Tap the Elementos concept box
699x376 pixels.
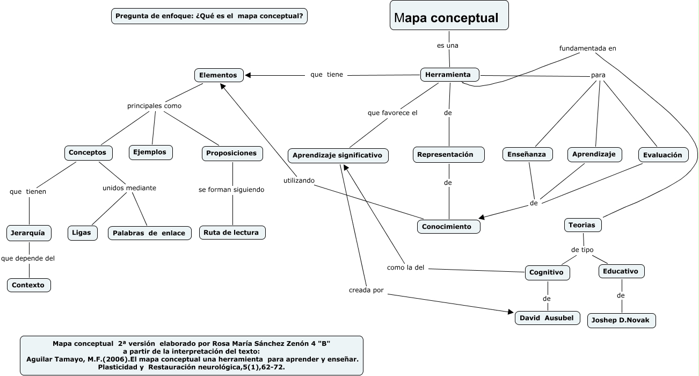[x=219, y=75]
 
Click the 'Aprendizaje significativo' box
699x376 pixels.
[x=338, y=155]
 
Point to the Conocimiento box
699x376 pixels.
[x=448, y=227]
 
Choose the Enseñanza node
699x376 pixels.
[x=527, y=155]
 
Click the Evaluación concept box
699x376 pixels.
[x=663, y=155]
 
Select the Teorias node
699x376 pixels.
[x=582, y=225]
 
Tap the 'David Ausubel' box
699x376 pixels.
[x=547, y=318]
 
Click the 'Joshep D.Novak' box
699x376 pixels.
[x=621, y=321]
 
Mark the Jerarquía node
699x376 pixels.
[x=29, y=233]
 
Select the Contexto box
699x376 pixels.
[x=29, y=285]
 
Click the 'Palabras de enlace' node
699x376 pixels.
[x=149, y=233]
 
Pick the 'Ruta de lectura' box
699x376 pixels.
[x=232, y=233]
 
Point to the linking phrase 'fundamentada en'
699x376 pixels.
[x=587, y=48]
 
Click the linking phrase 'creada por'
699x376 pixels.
[x=366, y=290]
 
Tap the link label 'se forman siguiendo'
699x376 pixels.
[x=231, y=190]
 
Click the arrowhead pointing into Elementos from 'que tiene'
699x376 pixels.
[x=248, y=75]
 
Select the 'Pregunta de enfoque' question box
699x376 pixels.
[x=209, y=16]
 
